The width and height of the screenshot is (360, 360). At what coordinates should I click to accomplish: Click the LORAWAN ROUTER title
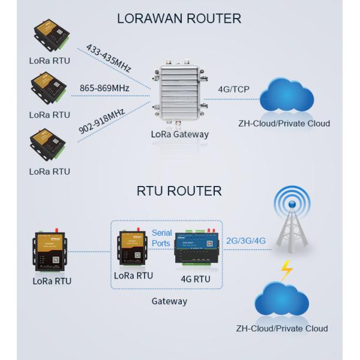click(x=179, y=19)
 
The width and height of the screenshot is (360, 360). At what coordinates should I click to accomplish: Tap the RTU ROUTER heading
click(x=179, y=191)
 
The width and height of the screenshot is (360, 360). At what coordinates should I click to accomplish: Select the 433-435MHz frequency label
click(x=108, y=58)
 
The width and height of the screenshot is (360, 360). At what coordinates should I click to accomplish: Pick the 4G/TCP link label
click(x=234, y=90)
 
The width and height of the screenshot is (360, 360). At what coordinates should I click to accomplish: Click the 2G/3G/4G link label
click(x=245, y=240)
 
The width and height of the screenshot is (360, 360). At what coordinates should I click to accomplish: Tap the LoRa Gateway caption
click(x=180, y=134)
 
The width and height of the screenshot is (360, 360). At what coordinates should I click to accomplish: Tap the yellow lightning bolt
click(x=287, y=271)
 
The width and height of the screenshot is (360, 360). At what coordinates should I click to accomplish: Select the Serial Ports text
click(x=162, y=238)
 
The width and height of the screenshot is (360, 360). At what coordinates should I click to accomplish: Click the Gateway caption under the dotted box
click(x=169, y=301)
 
